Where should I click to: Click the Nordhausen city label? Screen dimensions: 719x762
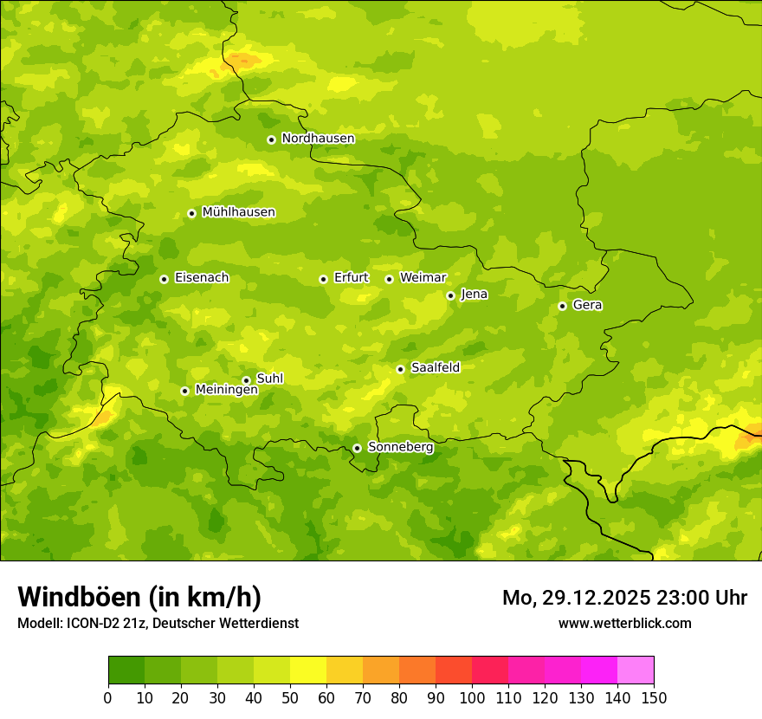tap(318, 139)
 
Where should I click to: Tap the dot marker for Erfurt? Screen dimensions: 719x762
tap(323, 279)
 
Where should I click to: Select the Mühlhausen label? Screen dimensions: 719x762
tap(238, 212)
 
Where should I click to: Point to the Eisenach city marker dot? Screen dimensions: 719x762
tap(164, 279)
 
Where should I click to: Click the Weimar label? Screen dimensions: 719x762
tap(423, 278)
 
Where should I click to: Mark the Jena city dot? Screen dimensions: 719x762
tap(450, 295)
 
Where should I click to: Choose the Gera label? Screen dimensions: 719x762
tap(587, 305)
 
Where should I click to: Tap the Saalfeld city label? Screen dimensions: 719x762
tap(436, 368)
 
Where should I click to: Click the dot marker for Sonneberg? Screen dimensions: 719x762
tap(357, 448)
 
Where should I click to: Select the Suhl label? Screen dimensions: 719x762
tap(269, 379)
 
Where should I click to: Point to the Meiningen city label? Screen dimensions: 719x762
tap(226, 390)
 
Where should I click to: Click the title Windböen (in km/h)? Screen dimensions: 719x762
tap(139, 597)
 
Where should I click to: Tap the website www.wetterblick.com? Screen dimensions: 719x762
tap(624, 623)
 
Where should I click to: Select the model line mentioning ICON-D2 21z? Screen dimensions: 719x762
tap(158, 623)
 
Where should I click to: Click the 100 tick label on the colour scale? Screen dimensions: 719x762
tap(472, 697)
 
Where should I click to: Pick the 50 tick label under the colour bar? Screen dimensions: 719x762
tap(290, 697)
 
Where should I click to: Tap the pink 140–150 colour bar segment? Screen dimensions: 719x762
tap(635, 670)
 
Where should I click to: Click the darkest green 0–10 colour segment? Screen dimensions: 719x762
tap(126, 670)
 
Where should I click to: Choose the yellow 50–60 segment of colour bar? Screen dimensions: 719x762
tap(308, 670)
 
